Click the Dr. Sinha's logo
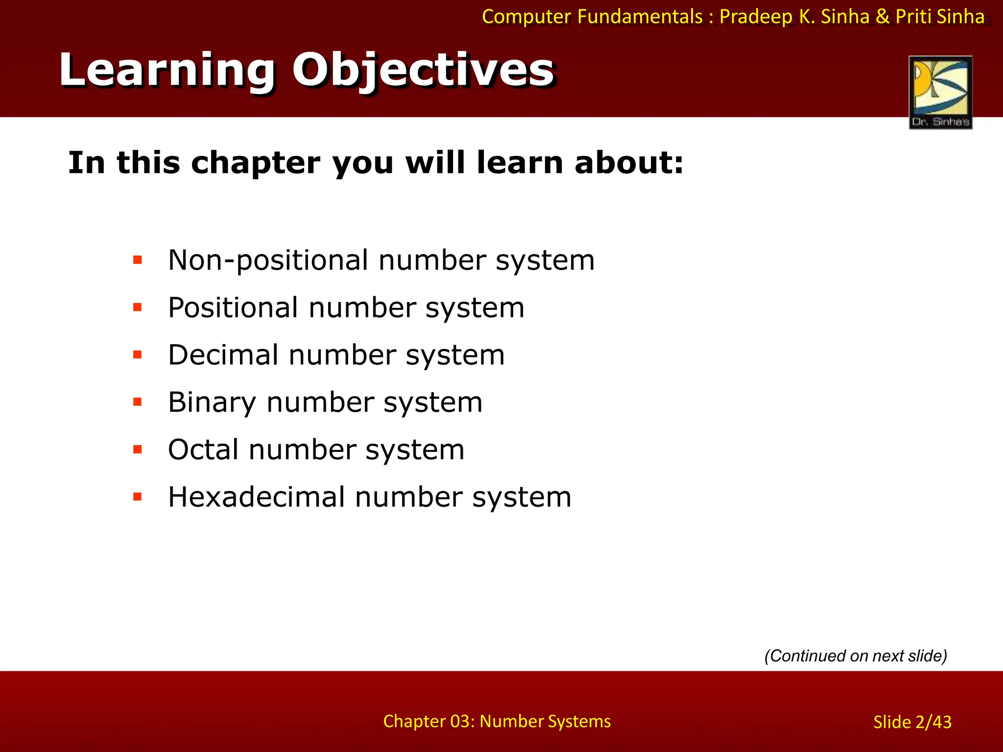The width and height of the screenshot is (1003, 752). [x=940, y=92]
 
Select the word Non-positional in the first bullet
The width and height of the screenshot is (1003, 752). [x=269, y=260]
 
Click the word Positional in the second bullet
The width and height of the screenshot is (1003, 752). [x=233, y=307]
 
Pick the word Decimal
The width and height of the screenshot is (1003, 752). [x=223, y=355]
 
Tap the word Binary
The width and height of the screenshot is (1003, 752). [x=212, y=402]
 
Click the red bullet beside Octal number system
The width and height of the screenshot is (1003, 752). [x=138, y=449]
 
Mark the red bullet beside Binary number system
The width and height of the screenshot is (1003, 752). [x=138, y=402]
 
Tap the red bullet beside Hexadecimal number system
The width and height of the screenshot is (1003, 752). [x=138, y=497]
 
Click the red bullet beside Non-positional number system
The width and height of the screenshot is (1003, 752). [x=138, y=260]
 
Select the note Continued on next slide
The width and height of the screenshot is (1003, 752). [x=856, y=656]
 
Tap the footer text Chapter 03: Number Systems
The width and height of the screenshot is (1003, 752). [x=497, y=721]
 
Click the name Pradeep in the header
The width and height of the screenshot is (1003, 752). [x=756, y=17]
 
